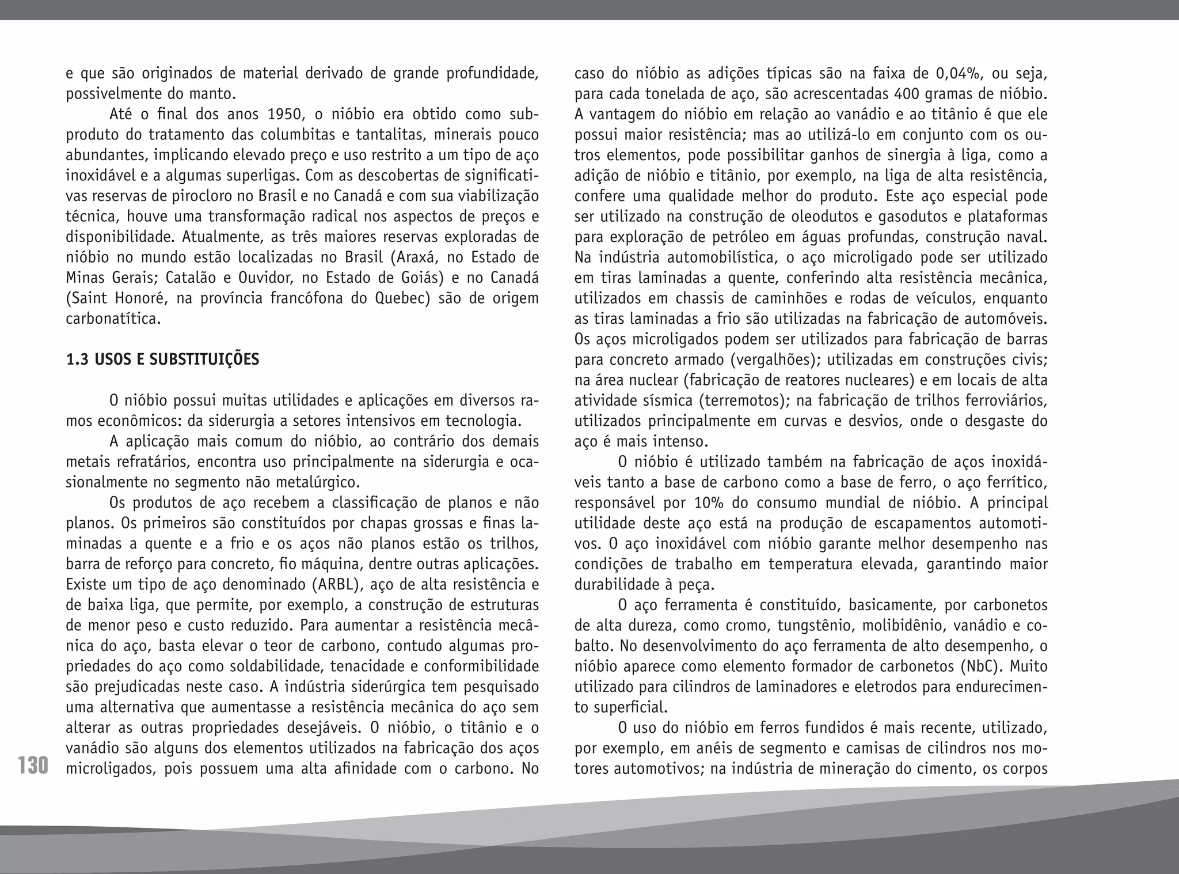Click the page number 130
(x=33, y=766)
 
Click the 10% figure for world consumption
(x=711, y=502)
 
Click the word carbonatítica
(x=113, y=319)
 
